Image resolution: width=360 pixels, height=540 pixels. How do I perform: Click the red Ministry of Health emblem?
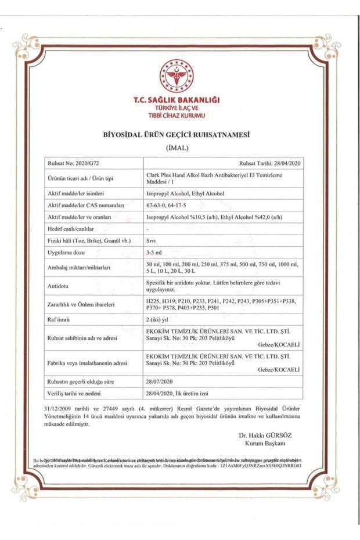[177, 76]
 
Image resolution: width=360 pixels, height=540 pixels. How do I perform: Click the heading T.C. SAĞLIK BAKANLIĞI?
[177, 100]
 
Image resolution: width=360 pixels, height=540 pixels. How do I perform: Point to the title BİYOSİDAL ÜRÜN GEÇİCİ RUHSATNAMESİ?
[176, 135]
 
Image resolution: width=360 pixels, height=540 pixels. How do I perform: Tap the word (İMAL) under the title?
[177, 147]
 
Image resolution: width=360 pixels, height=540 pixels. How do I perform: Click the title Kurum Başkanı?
[265, 444]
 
